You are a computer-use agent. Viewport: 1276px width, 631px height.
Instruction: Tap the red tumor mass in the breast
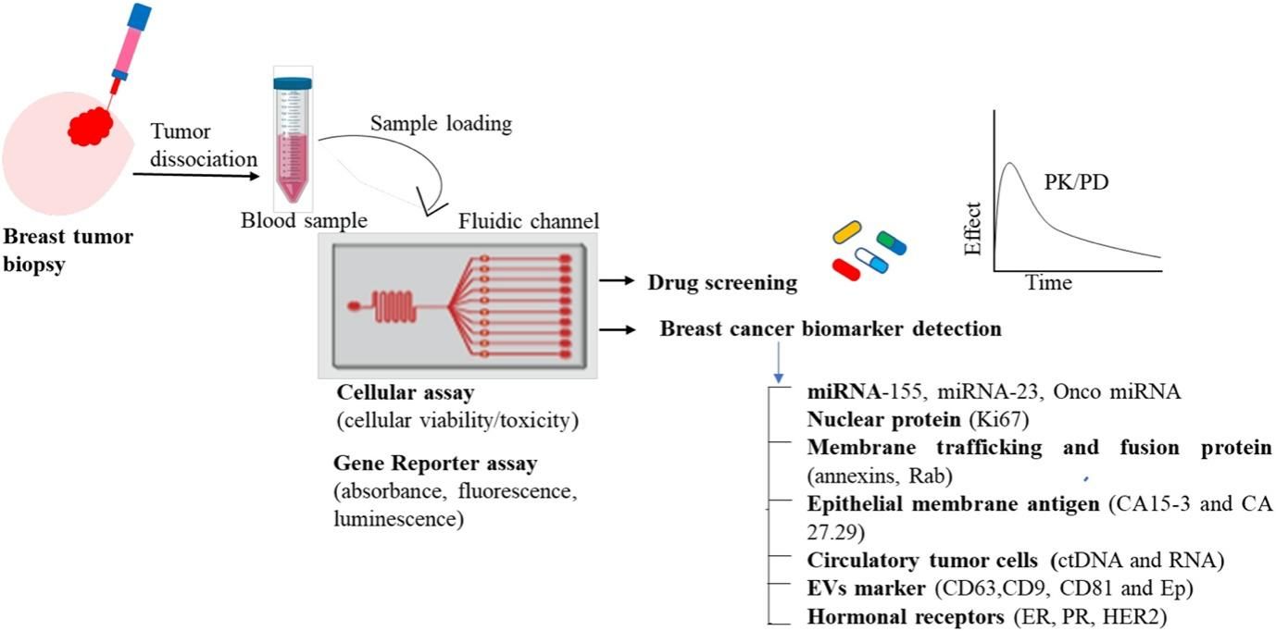93,124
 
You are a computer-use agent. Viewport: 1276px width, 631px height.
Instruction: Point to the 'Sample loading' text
440,123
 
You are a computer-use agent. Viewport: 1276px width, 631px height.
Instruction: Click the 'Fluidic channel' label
529,221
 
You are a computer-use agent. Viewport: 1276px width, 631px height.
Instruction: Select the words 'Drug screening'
722,283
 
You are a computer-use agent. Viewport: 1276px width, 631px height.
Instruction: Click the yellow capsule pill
847,231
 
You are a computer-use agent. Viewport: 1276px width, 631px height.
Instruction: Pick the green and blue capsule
892,243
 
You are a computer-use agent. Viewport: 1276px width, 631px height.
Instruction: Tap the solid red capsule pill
846,269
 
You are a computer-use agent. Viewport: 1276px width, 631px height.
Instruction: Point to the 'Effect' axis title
973,229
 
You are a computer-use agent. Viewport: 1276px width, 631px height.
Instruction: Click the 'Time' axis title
1048,283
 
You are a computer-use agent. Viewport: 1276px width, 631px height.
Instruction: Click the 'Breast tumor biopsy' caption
68,248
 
